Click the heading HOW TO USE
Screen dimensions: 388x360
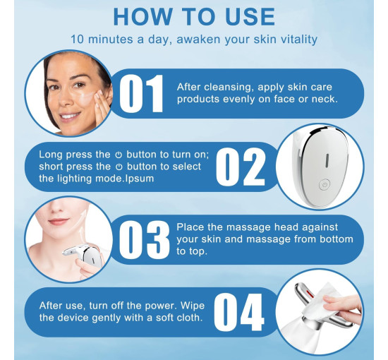tap(194, 17)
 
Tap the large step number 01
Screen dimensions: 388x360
tap(141, 94)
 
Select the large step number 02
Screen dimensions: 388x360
tap(241, 167)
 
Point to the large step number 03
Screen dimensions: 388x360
tap(144, 240)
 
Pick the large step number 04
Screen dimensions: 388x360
tap(238, 312)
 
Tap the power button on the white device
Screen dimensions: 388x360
tap(325, 185)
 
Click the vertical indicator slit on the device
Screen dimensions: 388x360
tap(327, 160)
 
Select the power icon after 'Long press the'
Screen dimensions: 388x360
tap(119, 155)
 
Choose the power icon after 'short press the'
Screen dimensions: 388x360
tap(119, 167)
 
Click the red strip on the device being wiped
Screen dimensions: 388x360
tap(310, 294)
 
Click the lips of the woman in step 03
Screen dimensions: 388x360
tap(59, 221)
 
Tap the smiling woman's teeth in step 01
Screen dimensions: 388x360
tap(70, 116)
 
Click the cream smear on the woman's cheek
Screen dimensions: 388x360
tap(87, 98)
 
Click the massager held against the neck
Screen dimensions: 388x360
tap(84, 254)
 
